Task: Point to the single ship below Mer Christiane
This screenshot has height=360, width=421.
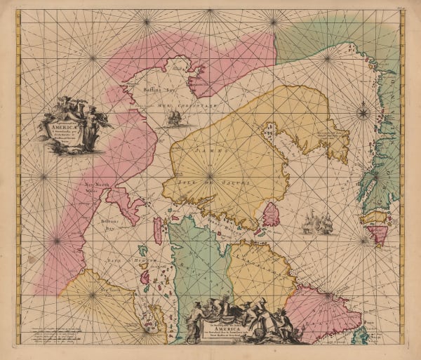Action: [x=173, y=119]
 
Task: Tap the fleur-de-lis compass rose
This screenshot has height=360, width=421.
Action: [x=363, y=112]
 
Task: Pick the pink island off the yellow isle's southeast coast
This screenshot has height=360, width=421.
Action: [x=271, y=215]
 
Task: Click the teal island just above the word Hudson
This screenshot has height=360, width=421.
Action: [x=142, y=250]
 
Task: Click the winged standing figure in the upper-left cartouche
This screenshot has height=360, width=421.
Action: [x=91, y=124]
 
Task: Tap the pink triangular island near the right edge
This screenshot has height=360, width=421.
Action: [x=378, y=234]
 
